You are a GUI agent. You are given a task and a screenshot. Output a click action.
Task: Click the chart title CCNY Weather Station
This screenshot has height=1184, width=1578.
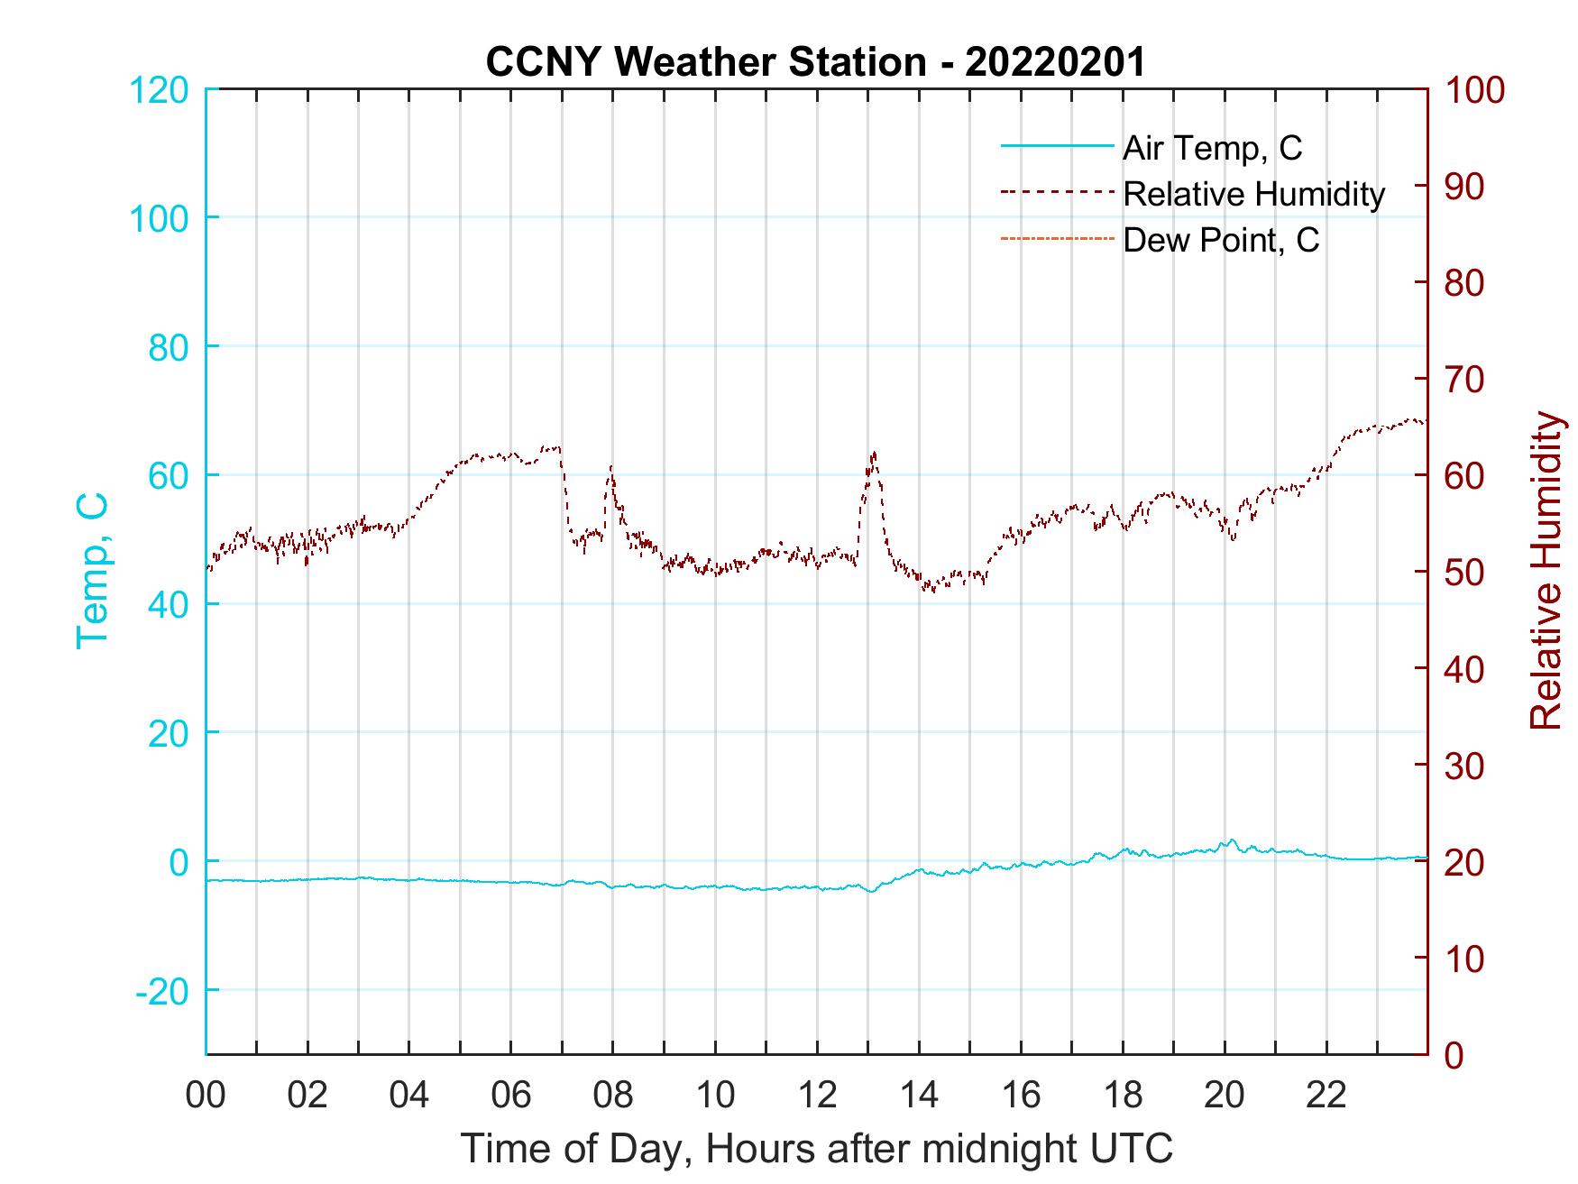coord(814,61)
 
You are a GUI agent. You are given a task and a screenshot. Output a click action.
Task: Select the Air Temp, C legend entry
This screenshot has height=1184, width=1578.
coord(1211,147)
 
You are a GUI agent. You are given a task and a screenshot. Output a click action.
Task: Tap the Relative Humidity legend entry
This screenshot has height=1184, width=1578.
coord(1252,194)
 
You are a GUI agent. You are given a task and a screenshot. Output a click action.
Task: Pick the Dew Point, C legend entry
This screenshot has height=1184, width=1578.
coord(1220,241)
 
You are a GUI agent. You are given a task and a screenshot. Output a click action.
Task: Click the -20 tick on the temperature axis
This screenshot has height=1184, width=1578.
coord(162,991)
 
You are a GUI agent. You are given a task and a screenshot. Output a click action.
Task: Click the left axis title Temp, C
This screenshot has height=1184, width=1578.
coord(92,570)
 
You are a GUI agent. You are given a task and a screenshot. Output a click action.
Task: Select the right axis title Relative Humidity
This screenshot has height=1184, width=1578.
coord(1546,570)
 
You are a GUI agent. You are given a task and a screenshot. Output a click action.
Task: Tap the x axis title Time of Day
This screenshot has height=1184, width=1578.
coord(816,1149)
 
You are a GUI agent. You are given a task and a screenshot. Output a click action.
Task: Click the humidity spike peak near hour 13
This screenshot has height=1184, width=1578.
coord(873,453)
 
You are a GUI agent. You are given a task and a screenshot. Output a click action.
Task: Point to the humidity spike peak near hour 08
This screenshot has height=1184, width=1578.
coord(611,467)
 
